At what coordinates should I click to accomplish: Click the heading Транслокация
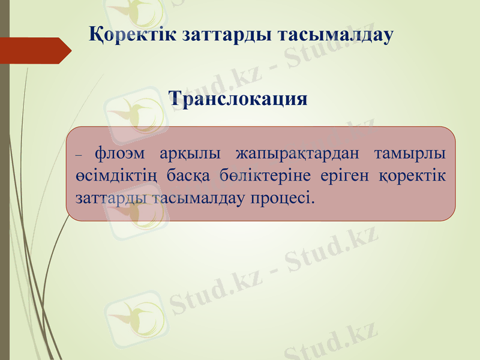point(239,98)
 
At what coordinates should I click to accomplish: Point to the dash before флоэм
point(81,155)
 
